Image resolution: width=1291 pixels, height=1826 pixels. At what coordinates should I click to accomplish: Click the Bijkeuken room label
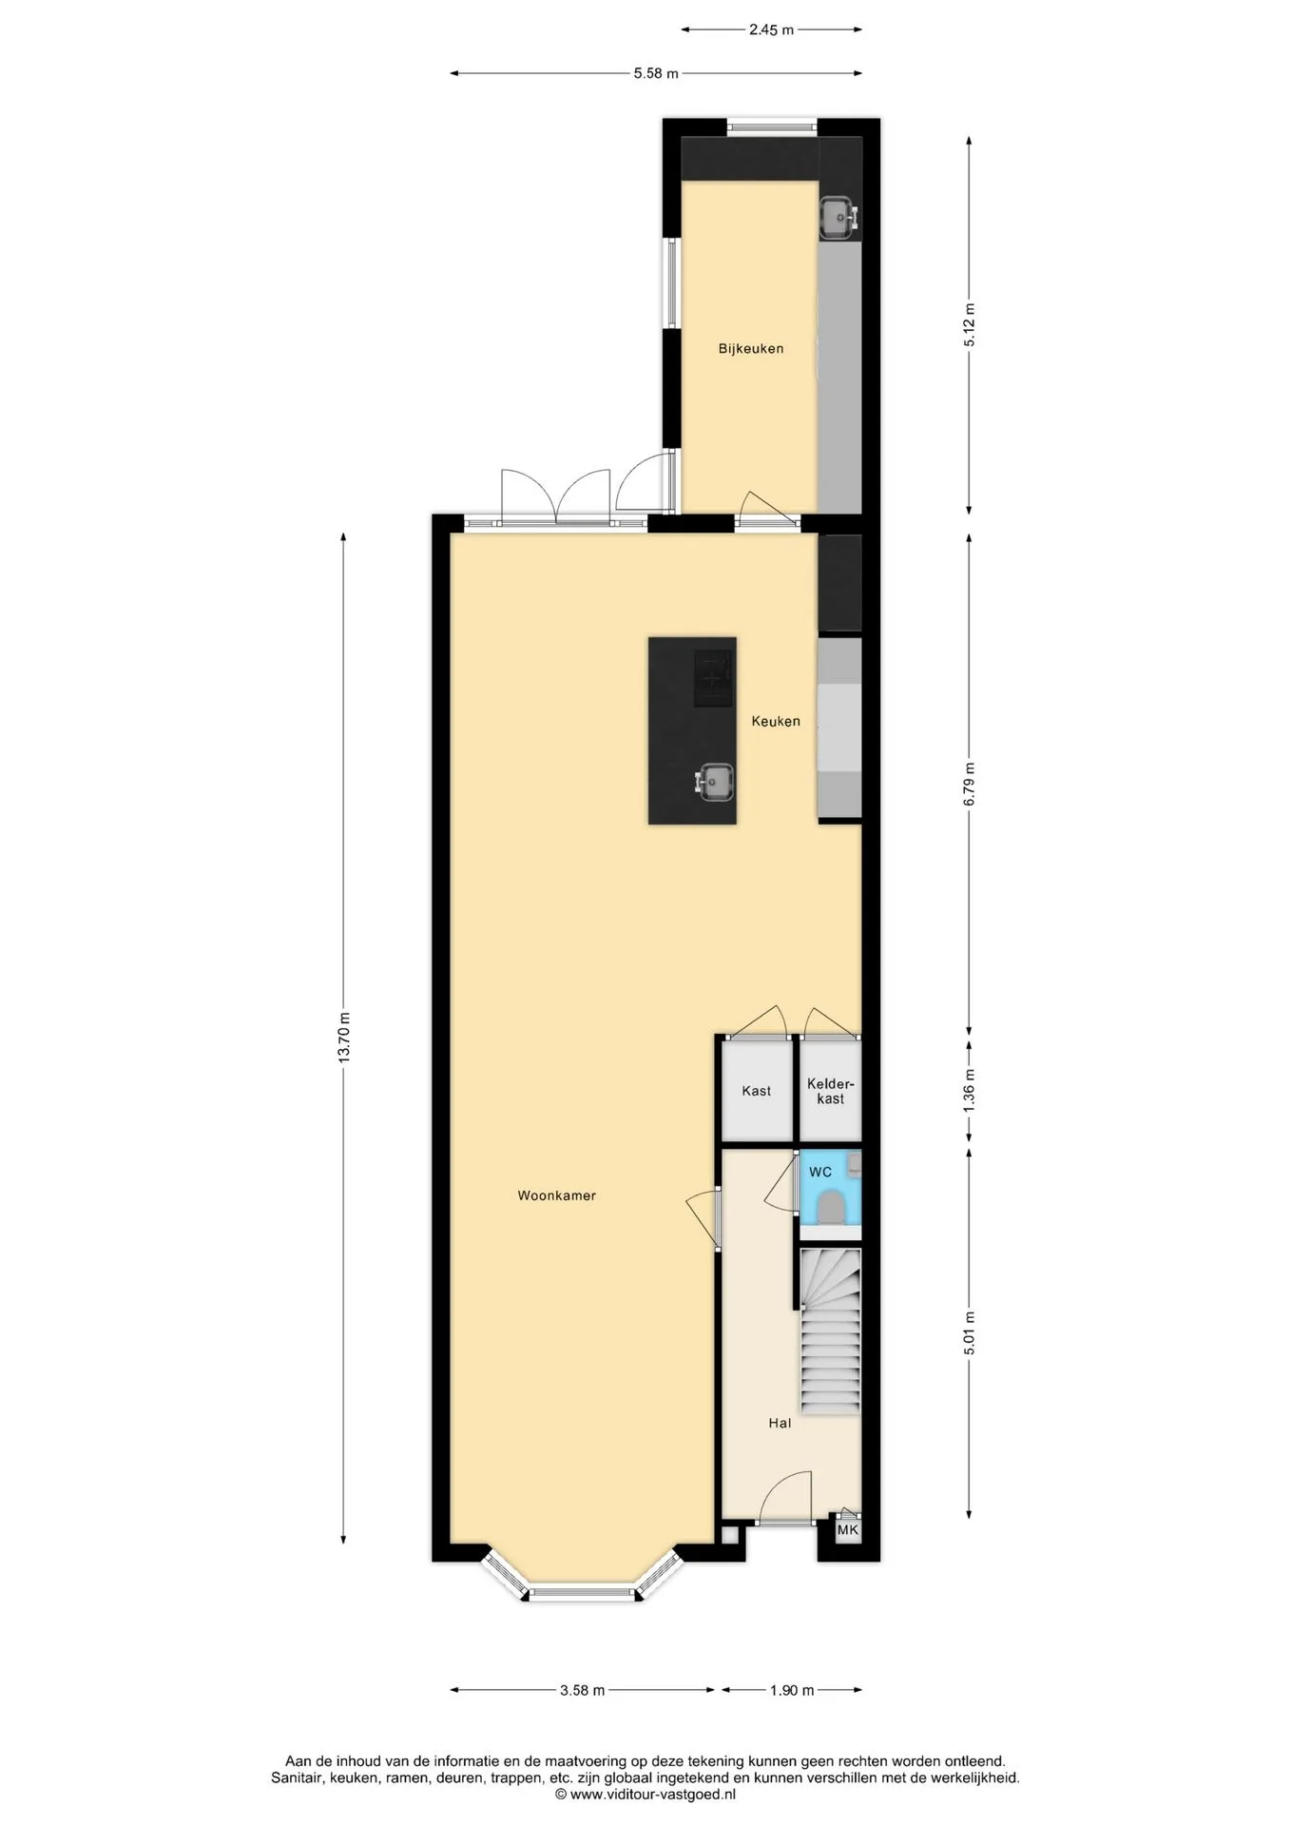[x=751, y=348]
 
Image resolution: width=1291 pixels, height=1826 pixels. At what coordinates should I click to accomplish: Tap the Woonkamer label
[x=556, y=1195]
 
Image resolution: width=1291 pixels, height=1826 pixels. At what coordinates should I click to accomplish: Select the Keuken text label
[x=776, y=721]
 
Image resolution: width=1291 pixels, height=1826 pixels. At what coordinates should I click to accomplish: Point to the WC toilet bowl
[x=830, y=1207]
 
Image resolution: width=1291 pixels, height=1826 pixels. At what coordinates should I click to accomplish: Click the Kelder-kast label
[x=831, y=1091]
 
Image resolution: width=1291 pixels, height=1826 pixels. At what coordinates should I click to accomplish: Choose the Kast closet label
[x=757, y=1091]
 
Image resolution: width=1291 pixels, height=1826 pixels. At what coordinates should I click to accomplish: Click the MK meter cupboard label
[x=847, y=1530]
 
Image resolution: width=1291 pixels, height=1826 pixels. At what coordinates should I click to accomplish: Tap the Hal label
[x=780, y=1423]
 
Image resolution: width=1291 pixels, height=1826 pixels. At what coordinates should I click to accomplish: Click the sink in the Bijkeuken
[x=838, y=218]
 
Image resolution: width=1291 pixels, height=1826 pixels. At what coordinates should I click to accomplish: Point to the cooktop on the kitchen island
[x=714, y=677]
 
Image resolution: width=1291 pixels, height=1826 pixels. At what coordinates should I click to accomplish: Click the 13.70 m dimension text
[x=344, y=1038]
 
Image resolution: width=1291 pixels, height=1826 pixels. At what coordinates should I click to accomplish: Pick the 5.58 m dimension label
[x=656, y=73]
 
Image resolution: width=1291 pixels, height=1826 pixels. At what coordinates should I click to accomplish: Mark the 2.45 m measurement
[x=771, y=29]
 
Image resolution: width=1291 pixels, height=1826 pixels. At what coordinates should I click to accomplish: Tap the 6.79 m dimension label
[x=969, y=784]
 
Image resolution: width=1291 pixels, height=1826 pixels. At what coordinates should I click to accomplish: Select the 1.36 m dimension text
[x=969, y=1091]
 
